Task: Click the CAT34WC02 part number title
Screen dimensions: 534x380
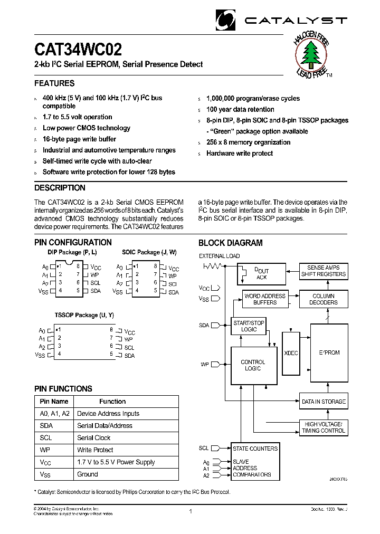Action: [78, 50]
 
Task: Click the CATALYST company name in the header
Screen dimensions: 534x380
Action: [296, 20]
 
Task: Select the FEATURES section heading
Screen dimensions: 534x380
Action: [54, 83]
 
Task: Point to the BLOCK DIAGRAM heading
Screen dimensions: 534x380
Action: [230, 243]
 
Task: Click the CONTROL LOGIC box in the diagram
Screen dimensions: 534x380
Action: [253, 365]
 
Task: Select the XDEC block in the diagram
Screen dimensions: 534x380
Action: [291, 353]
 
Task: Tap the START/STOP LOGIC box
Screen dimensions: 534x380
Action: [249, 326]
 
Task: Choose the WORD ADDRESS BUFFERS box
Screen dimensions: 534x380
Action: [265, 299]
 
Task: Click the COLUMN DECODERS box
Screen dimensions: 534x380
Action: [324, 299]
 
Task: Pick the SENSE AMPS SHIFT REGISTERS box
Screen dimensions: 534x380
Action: [324, 271]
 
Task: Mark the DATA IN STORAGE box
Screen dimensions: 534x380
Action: [324, 402]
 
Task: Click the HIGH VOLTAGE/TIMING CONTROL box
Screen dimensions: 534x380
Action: [324, 427]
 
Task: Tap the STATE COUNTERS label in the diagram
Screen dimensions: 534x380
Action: [255, 449]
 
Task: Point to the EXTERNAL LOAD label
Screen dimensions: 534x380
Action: [219, 256]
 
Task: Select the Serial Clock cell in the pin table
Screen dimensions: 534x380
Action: [94, 437]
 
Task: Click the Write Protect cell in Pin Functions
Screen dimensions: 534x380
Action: [95, 450]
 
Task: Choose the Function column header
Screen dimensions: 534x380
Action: [112, 402]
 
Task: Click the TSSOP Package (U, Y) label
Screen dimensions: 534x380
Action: [83, 315]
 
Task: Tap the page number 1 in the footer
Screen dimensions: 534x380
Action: [190, 511]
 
